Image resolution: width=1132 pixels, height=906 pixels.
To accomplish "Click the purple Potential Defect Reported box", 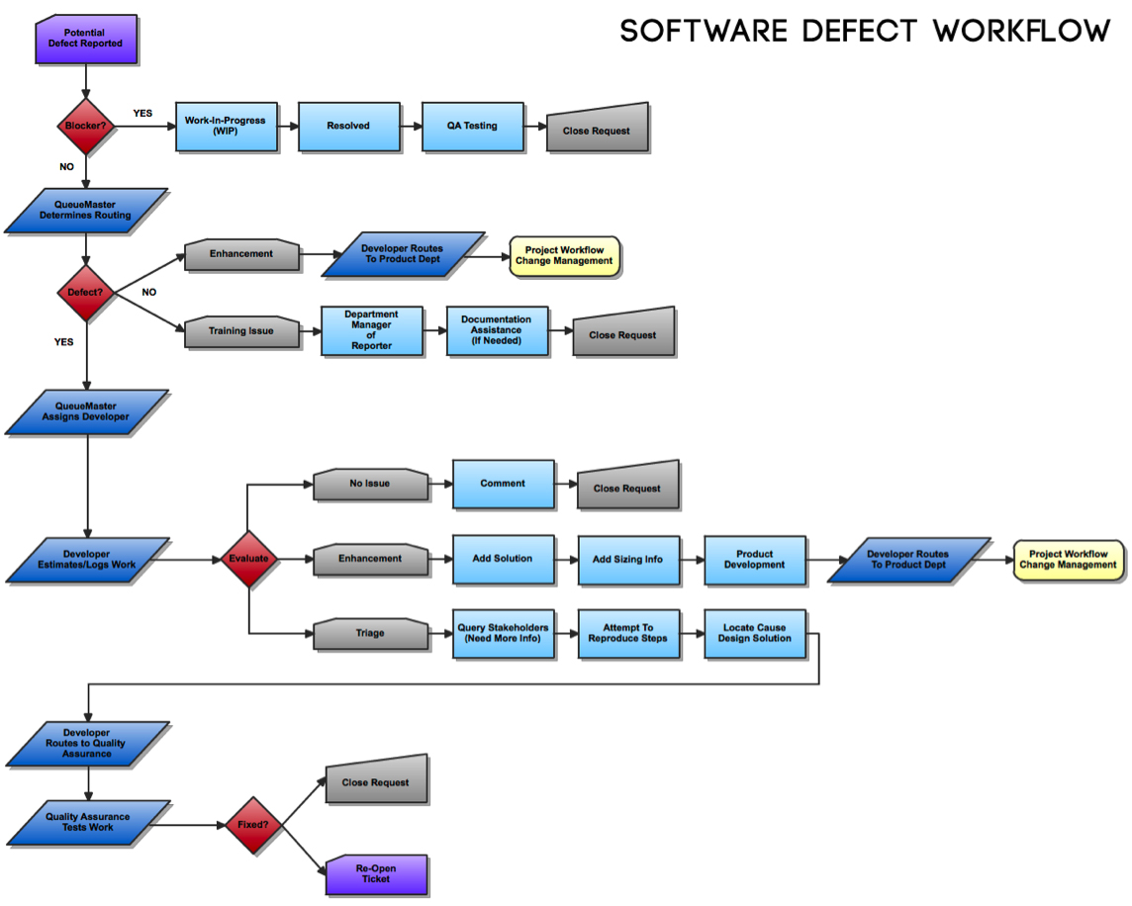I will pos(85,39).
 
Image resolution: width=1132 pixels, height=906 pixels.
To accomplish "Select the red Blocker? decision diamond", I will pos(86,126).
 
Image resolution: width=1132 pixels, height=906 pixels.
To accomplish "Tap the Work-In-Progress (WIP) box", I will pos(226,127).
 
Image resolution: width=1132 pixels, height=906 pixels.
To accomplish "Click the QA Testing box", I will pos(472,127).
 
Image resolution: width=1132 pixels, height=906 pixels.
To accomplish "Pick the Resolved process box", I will pos(348,127).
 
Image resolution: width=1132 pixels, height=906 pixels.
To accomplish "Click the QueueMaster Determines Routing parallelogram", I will pos(86,211).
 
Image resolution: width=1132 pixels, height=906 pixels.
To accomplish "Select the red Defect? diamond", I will pos(86,293).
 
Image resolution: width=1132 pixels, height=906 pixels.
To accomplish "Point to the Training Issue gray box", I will pos(241,331).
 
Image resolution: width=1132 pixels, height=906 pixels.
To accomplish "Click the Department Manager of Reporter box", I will pos(371,330).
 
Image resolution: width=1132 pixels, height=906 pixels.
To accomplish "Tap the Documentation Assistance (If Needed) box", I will pos(497,330).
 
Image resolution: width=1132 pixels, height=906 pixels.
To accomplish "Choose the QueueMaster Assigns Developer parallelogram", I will pos(86,411).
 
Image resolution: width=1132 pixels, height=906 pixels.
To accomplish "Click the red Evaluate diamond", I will pos(248,559).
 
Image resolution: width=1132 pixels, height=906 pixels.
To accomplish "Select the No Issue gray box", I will pos(371,485).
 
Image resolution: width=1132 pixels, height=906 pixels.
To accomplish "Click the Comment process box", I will pos(503,484).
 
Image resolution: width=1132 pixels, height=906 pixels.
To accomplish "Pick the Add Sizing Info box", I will pos(627,560).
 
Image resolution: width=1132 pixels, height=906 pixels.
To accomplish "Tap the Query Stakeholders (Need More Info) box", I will pos(503,634).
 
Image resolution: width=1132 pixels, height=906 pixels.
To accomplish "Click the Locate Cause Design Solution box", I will pos(754,634).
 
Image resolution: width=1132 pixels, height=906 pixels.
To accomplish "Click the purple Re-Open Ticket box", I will pos(376,874).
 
